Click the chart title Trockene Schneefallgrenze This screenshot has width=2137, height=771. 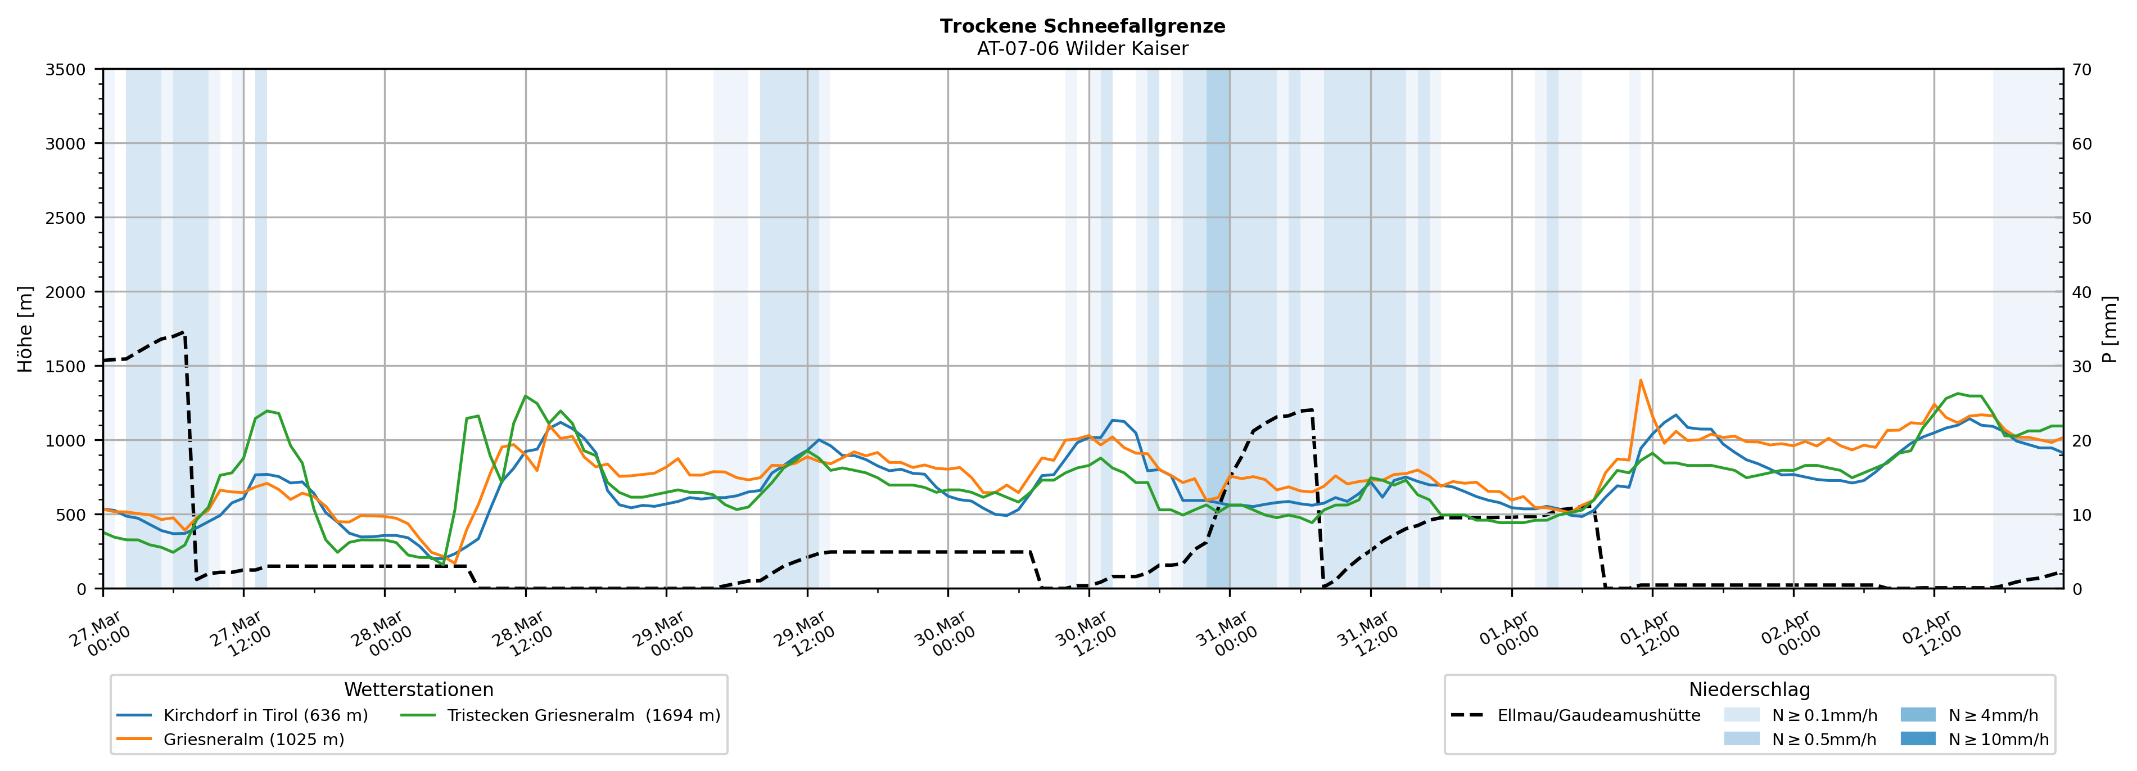coord(1082,26)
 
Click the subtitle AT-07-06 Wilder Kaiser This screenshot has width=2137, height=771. coord(1082,49)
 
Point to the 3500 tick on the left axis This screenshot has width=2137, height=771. coord(66,70)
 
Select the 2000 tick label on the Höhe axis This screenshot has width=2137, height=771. coord(66,292)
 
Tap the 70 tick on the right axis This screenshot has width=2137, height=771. coord(2081,70)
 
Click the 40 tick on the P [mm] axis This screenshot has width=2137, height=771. coord(2081,292)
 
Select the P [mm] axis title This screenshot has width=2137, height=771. coord(2109,330)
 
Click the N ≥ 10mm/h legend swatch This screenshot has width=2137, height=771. coord(1917,738)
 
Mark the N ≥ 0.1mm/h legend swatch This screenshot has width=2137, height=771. coord(1741,715)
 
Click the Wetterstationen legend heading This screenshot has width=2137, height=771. coord(418,689)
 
